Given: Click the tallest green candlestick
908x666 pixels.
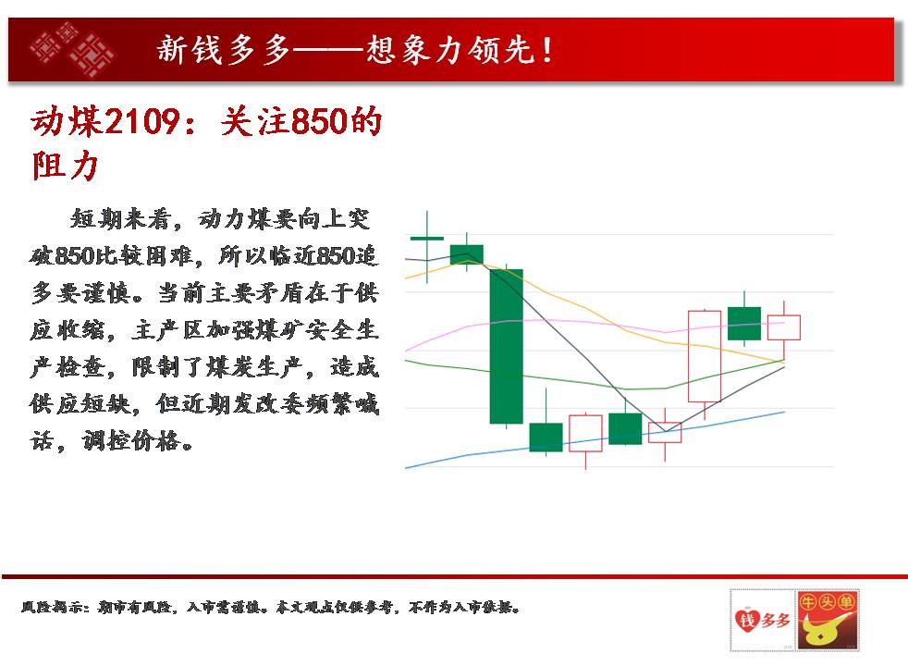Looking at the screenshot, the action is pyautogui.click(x=506, y=346).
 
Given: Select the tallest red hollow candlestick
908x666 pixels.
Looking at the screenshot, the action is pyautogui.click(x=705, y=356).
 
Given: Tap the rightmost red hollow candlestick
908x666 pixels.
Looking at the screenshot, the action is pyautogui.click(x=783, y=327).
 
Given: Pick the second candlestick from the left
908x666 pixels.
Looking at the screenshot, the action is pyautogui.click(x=467, y=254).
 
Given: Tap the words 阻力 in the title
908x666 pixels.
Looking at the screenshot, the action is pyautogui.click(x=65, y=166).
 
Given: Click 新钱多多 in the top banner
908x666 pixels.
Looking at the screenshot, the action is pyautogui.click(x=223, y=49).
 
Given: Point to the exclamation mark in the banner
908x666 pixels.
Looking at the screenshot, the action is pyautogui.click(x=546, y=50).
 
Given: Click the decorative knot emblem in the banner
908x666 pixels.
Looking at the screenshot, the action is pyautogui.click(x=72, y=49).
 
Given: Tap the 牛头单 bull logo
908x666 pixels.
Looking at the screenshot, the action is pyautogui.click(x=827, y=621).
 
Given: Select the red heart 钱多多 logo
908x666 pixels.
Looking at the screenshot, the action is pyautogui.click(x=762, y=621).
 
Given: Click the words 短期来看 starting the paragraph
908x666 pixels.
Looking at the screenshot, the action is pyautogui.click(x=120, y=218).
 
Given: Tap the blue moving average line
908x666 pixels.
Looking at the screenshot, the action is pyautogui.click(x=595, y=440).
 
